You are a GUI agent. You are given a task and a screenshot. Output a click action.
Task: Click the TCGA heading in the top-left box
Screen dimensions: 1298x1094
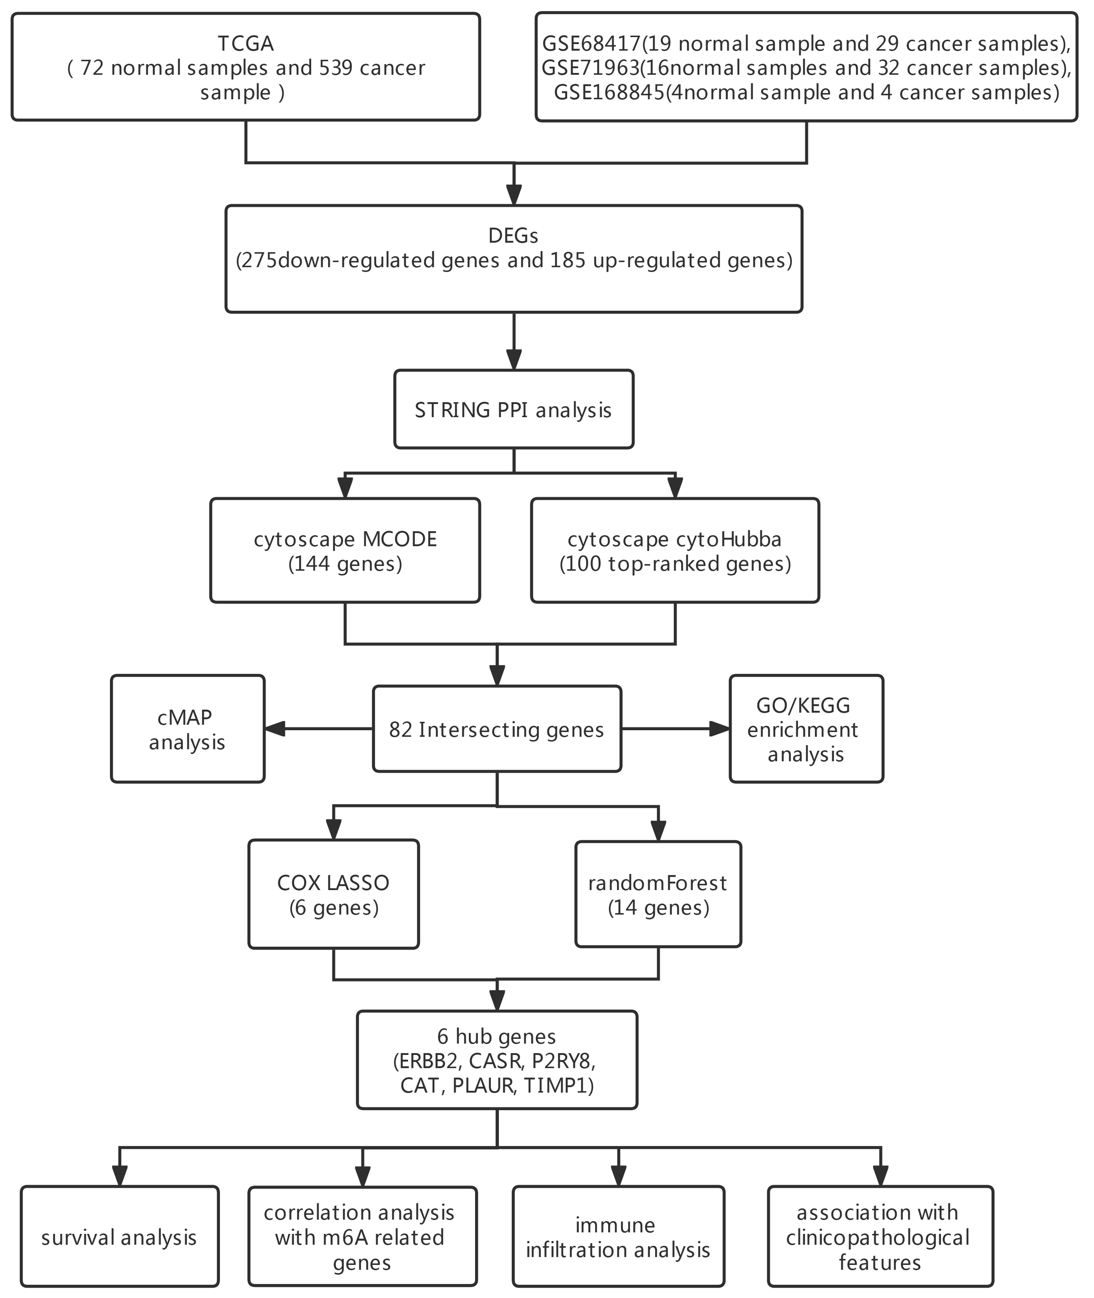[246, 43]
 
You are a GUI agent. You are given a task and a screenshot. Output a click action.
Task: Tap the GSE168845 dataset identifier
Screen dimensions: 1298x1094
[609, 92]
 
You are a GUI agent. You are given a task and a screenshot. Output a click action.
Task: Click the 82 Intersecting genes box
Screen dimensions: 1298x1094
[497, 729]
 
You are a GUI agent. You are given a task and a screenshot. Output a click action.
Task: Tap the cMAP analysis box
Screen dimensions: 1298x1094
[187, 729]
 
